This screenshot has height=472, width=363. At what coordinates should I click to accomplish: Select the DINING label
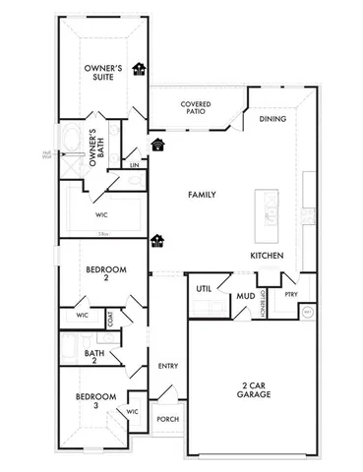272,119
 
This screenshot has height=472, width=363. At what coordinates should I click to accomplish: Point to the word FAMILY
202,195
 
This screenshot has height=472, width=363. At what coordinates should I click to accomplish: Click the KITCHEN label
267,256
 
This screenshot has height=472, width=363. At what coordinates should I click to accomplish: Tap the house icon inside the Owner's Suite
140,69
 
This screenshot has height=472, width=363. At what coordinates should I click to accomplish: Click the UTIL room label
204,289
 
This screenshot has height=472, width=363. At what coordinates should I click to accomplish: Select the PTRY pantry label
291,294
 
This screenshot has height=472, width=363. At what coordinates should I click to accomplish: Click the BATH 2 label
94,356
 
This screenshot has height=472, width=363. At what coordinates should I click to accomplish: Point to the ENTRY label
167,366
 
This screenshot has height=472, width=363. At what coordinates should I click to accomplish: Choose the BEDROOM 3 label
96,400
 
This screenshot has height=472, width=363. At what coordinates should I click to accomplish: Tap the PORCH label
167,419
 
